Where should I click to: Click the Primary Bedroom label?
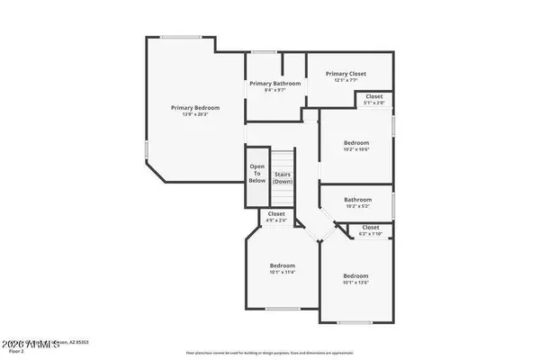(195, 107)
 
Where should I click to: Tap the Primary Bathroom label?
(274, 83)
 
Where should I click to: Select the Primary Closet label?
(346, 74)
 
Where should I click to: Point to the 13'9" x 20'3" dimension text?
(195, 114)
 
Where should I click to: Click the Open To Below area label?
(257, 173)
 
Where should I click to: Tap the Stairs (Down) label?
(283, 177)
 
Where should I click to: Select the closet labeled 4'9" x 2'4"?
(276, 214)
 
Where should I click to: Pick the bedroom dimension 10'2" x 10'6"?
(355, 149)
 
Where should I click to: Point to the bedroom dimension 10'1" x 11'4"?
(283, 271)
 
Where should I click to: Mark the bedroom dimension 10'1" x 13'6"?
(355, 283)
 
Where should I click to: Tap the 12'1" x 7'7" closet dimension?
(346, 81)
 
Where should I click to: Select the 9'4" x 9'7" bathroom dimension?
(274, 90)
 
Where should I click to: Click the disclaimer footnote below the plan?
(269, 353)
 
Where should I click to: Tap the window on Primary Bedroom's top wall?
(187, 37)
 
